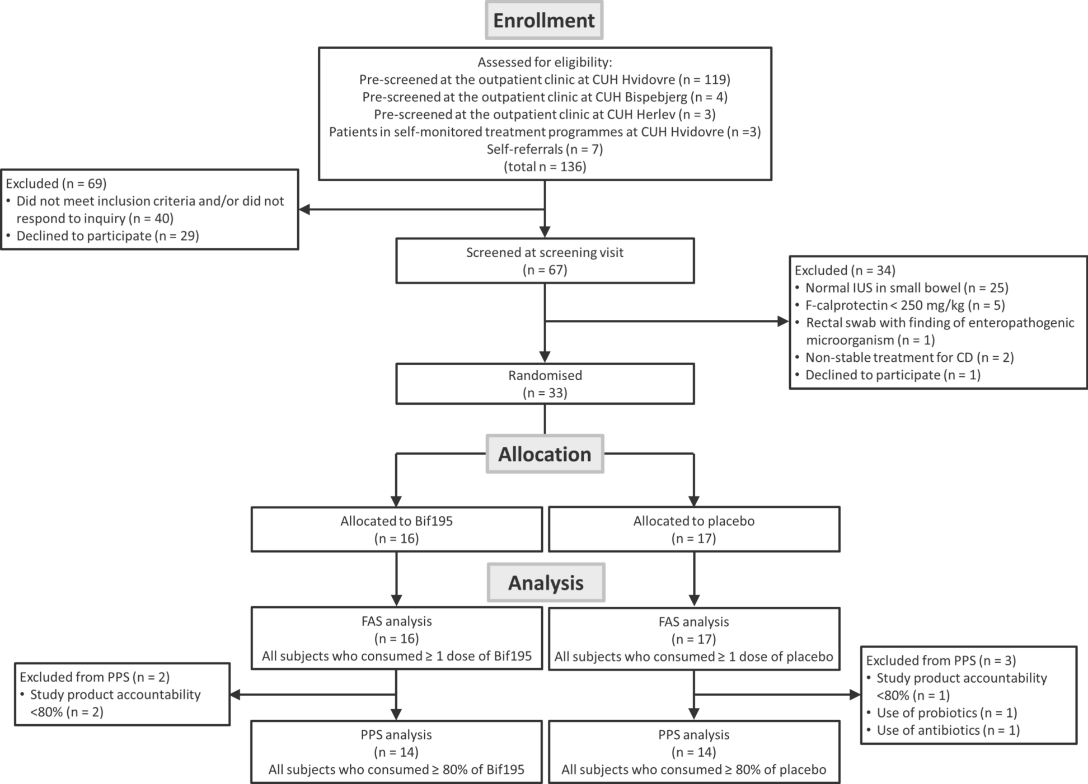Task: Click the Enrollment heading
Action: click(x=544, y=20)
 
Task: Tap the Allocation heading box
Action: click(x=545, y=454)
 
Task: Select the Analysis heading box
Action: click(x=546, y=583)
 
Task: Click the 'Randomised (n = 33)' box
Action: click(x=545, y=384)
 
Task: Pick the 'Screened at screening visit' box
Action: click(x=545, y=261)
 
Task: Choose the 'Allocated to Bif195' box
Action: click(x=397, y=529)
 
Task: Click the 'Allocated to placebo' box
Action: click(x=694, y=529)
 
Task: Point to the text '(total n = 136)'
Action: click(x=545, y=167)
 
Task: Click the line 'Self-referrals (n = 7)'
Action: click(x=545, y=149)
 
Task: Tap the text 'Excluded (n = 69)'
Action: click(x=56, y=183)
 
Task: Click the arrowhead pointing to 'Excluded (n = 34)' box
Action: click(x=783, y=321)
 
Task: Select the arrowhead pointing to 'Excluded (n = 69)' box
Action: click(x=304, y=210)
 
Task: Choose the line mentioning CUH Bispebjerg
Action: click(x=545, y=97)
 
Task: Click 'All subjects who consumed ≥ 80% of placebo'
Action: click(x=694, y=769)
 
